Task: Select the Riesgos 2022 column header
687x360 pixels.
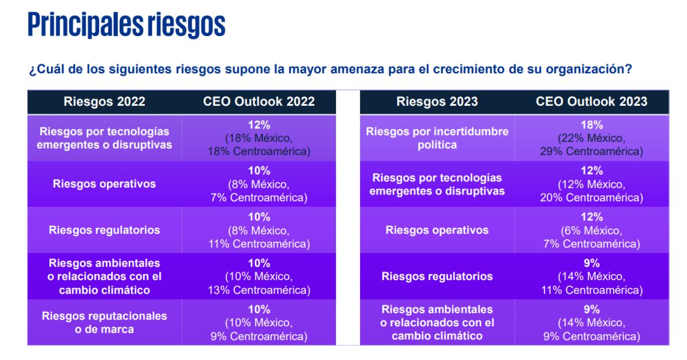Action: (104, 102)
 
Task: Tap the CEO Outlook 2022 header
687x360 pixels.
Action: (259, 102)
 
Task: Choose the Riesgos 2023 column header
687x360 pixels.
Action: (437, 102)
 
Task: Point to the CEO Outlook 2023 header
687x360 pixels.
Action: (591, 102)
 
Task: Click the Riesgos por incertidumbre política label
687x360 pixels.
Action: (437, 138)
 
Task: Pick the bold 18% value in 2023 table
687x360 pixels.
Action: (591, 125)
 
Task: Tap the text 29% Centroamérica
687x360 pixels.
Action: (591, 152)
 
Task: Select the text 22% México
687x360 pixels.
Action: (591, 139)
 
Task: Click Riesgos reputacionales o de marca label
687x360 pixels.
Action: (104, 322)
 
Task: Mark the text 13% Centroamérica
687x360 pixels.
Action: (259, 290)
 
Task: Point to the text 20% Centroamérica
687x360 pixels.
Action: (591, 198)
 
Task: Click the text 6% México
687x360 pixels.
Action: (591, 231)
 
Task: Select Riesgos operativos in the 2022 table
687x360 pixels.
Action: (104, 184)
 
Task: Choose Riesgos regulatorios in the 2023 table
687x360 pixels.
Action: (437, 276)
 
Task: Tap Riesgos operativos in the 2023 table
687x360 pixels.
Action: (437, 230)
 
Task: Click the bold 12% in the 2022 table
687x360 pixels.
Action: (259, 125)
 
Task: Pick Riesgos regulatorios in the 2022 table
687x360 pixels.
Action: (104, 230)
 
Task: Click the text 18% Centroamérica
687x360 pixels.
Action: (259, 152)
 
